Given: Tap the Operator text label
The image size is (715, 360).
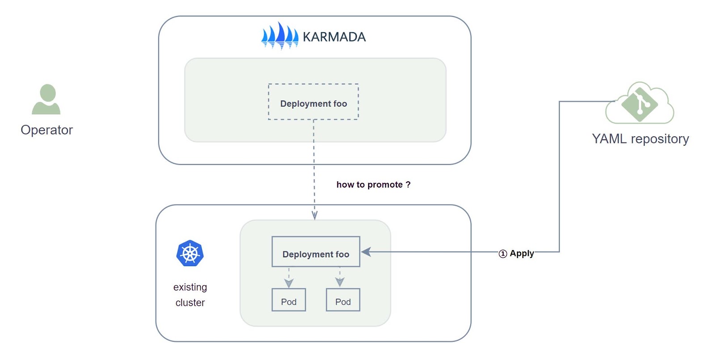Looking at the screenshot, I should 46,130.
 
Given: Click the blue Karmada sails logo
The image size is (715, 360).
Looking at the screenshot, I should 280,36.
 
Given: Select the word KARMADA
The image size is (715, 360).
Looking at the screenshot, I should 334,37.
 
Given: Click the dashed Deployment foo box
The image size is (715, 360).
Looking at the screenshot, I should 313,102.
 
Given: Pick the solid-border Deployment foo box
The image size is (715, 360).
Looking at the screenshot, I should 315,252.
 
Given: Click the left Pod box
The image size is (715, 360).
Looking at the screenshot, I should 289,300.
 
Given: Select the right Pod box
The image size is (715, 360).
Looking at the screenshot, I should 343,300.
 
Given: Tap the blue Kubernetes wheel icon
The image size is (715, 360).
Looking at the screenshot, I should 190,253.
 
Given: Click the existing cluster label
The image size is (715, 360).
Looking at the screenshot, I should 190,295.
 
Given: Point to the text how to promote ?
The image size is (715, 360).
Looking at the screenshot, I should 373,184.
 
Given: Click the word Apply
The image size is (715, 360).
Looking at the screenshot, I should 522,253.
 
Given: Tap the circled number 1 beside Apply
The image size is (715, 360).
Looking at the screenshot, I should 503,254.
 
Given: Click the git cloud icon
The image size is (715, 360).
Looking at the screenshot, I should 639,103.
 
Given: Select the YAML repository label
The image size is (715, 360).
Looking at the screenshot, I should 640,139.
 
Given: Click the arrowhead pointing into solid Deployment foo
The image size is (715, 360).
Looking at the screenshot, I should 366,252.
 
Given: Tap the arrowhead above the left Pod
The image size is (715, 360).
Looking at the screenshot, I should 289,283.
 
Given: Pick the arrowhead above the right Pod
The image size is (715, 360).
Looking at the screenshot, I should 340,282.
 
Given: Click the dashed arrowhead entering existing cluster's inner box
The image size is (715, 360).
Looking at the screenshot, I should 315,215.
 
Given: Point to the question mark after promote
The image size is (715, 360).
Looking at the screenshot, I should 408,184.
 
